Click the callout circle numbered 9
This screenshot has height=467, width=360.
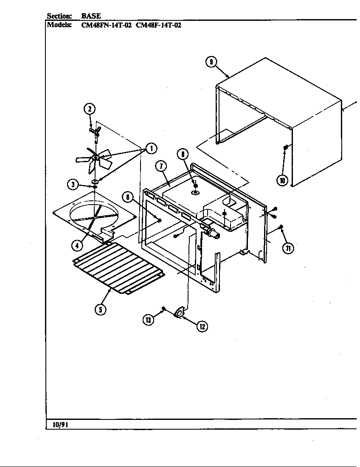211,62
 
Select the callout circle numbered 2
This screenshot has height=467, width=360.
89,109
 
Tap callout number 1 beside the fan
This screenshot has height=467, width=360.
151,148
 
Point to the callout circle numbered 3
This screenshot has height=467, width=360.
73,184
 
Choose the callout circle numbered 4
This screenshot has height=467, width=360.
76,245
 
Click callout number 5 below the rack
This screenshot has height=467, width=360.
100,309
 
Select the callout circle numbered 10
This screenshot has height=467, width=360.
282,180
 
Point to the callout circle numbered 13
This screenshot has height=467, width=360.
148,321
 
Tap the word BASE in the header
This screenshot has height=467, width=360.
91,16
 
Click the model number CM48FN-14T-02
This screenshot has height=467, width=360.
106,25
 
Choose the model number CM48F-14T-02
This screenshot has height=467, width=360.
158,25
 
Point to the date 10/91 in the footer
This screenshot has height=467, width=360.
60,425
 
